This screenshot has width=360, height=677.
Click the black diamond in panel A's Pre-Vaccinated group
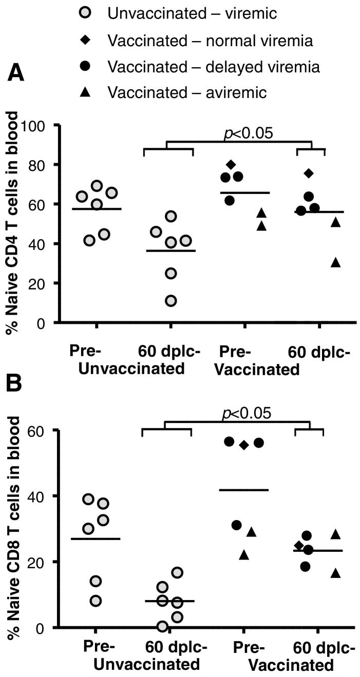[231, 165]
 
